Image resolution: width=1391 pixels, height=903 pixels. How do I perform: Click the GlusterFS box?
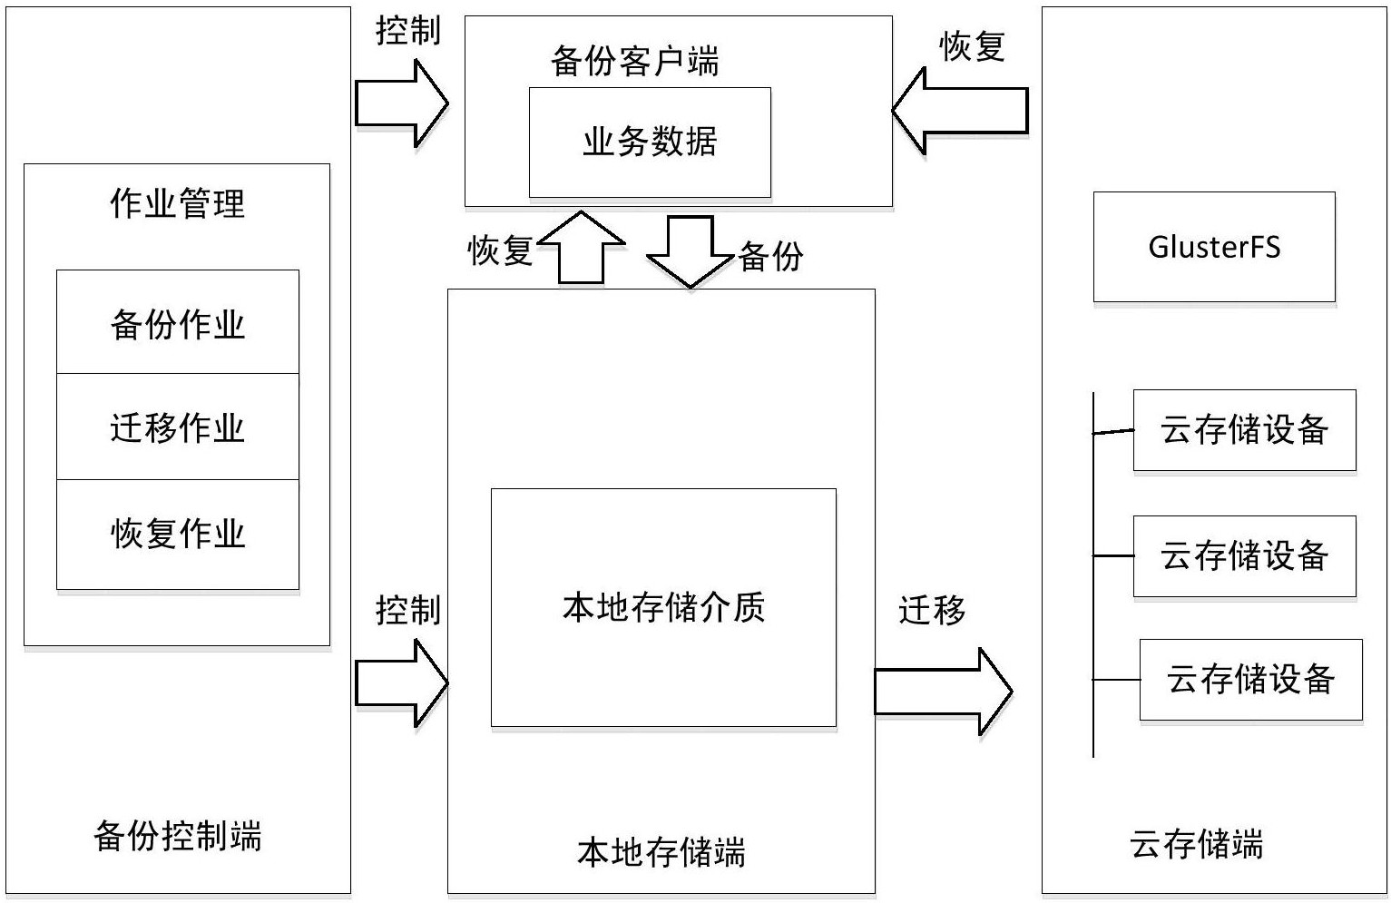coord(1213,247)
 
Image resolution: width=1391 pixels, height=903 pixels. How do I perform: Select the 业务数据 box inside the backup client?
coord(650,142)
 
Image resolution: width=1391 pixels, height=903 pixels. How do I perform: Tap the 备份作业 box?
coord(178,322)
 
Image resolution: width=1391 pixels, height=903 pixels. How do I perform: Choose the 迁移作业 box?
coord(178,427)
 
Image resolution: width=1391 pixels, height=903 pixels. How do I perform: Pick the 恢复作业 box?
coord(178,534)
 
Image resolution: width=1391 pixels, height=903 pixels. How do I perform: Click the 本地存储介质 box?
coord(663,607)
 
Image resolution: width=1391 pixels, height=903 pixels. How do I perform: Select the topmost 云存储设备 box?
coord(1244,430)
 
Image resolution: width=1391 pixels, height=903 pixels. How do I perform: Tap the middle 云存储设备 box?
coord(1244,555)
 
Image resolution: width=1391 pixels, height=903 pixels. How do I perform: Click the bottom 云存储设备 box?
coord(1250,679)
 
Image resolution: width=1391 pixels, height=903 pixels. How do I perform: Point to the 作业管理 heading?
coord(178,203)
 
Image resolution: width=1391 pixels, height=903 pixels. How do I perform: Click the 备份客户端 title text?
coord(634,62)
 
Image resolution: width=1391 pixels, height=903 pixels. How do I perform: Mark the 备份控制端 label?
coord(178,835)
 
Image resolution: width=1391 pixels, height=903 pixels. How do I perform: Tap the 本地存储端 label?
coord(661,852)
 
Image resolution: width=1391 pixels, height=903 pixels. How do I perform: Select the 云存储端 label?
coord(1196,844)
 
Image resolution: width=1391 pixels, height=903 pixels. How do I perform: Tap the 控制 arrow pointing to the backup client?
coord(400,103)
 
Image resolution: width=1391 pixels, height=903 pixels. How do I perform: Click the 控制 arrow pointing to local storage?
coord(400,682)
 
